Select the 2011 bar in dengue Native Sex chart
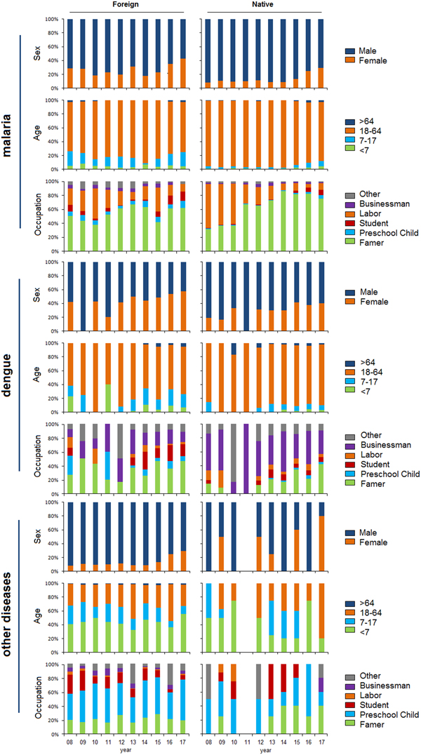pos(246,296)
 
